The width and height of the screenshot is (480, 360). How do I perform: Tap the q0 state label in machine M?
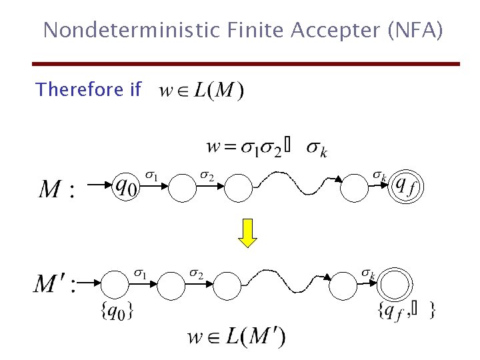(127, 185)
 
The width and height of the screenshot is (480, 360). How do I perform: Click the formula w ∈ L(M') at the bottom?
(236, 336)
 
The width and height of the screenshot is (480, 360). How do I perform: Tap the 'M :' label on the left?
(57, 189)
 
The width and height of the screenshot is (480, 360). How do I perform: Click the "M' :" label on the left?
(55, 285)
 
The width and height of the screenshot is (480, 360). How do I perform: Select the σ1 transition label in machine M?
(153, 176)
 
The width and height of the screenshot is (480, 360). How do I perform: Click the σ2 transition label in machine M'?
(196, 273)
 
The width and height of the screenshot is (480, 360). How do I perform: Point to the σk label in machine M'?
(369, 273)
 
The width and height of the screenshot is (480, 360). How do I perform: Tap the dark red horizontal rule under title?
(247, 64)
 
